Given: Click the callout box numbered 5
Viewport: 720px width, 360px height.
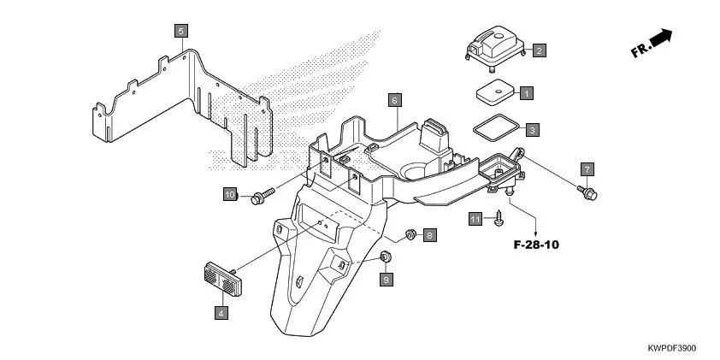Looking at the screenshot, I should [x=180, y=32].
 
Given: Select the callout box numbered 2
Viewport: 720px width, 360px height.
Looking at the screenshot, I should [x=539, y=50].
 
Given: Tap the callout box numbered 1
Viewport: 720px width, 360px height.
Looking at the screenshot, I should [x=527, y=91].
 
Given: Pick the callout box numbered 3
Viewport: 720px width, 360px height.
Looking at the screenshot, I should [x=532, y=130].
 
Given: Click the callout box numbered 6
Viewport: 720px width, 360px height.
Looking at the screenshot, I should [x=394, y=99].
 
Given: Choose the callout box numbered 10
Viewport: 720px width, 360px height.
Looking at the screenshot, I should [x=230, y=194].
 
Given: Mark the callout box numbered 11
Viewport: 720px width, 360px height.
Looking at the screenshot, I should [x=475, y=220].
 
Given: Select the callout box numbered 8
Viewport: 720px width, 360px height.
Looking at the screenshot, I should [x=429, y=233].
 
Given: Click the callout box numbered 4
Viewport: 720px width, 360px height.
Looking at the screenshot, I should [x=221, y=314].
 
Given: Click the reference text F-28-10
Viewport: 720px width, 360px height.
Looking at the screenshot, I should [x=536, y=245].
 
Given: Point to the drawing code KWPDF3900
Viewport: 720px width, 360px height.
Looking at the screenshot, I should [x=672, y=350].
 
